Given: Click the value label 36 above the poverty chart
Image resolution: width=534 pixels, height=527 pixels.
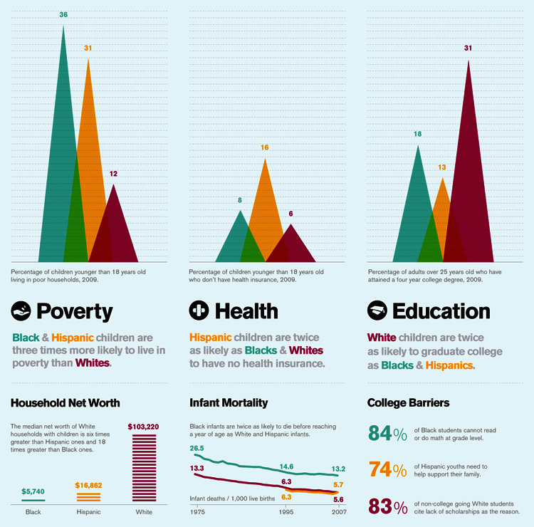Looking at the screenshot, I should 63,15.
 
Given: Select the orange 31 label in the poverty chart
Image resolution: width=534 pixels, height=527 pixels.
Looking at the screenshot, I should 88,48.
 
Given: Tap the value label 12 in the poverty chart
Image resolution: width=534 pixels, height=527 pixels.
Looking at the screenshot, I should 113,174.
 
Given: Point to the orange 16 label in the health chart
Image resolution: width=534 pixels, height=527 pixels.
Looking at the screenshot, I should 265,147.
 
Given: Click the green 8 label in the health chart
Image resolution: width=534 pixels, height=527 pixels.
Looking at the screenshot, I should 240,200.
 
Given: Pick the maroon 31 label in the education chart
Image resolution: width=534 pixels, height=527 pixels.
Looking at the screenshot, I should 468,48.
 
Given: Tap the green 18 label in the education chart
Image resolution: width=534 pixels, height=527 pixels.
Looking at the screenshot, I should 417,134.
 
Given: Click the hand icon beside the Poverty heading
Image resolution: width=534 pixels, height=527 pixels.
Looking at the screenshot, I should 21,311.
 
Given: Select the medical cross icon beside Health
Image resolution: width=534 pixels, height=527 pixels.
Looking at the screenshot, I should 199,311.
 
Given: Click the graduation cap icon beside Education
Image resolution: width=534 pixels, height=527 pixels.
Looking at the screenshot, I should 377,311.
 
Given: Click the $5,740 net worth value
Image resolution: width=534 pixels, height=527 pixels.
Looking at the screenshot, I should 33,491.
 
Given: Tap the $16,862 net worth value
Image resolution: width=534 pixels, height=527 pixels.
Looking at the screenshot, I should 88,485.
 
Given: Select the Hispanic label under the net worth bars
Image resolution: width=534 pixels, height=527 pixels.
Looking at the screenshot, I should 88,512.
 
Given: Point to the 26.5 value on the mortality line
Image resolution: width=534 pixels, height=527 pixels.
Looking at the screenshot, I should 198,448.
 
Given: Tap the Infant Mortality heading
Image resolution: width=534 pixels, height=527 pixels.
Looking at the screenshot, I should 228,403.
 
